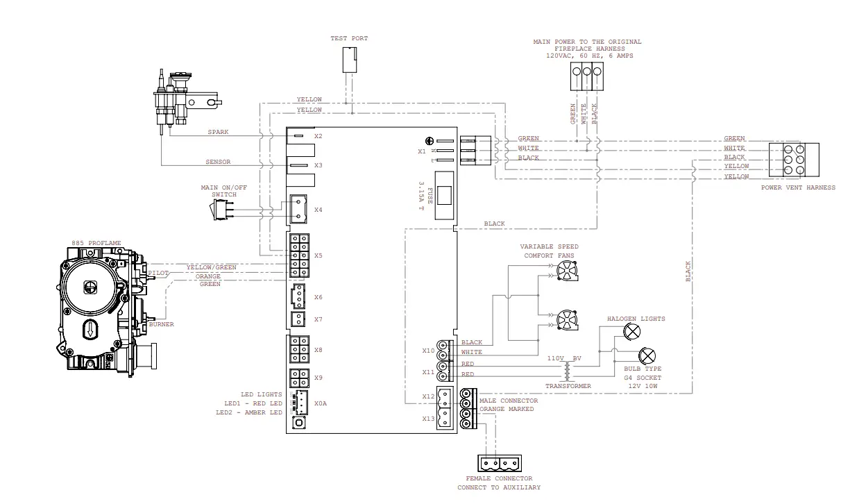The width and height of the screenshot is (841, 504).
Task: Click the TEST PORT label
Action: coord(349,38)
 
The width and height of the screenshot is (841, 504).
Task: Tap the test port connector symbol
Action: coord(349,60)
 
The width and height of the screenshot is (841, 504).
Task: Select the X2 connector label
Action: coord(318,136)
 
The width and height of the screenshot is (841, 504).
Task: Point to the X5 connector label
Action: coord(318,255)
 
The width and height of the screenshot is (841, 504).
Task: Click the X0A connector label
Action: coord(320,403)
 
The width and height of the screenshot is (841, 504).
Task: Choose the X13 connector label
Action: coord(428,419)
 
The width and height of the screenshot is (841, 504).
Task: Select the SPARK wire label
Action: coord(218,132)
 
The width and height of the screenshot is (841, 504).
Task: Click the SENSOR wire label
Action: coord(218,162)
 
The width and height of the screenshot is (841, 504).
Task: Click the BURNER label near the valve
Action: coord(161,324)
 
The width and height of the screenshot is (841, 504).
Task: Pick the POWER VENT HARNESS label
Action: coord(798,187)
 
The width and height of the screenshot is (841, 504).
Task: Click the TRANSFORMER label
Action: coord(568,386)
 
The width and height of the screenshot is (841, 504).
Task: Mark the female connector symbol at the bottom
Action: coord(499,462)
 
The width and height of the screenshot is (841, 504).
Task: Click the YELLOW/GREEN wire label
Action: coord(211,267)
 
